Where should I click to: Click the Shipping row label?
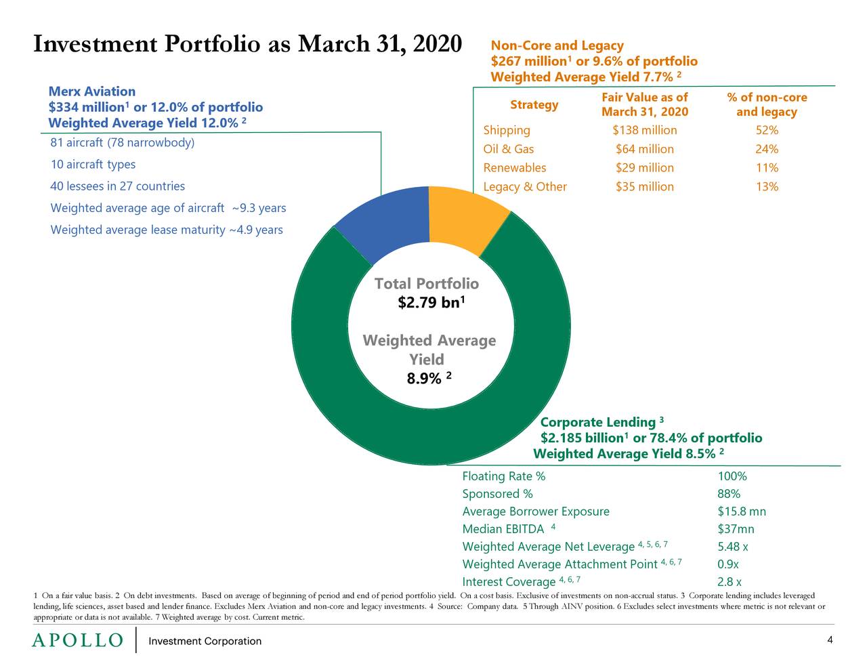[506, 130]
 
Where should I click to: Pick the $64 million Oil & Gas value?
[644, 149]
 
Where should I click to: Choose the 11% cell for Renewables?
[767, 168]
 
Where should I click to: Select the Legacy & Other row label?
[524, 187]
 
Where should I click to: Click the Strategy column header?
[534, 104]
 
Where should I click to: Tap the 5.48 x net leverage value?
[732, 547]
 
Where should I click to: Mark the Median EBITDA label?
[503, 529]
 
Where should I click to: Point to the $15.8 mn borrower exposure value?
[741, 511]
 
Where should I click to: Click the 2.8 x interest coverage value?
[729, 582]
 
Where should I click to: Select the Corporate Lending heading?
[597, 423]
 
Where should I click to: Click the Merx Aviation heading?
[92, 91]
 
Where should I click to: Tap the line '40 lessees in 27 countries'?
[117, 186]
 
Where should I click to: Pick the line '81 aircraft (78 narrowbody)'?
[122, 143]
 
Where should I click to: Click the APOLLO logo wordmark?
[78, 641]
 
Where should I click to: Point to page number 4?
[830, 640]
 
